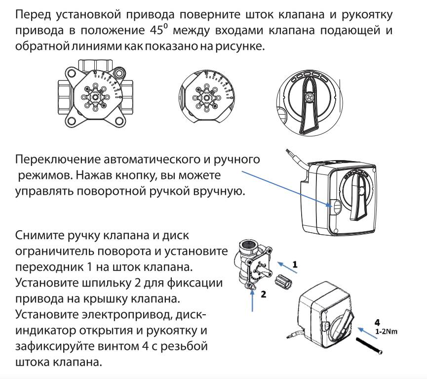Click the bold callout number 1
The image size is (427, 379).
pos(295,264)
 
